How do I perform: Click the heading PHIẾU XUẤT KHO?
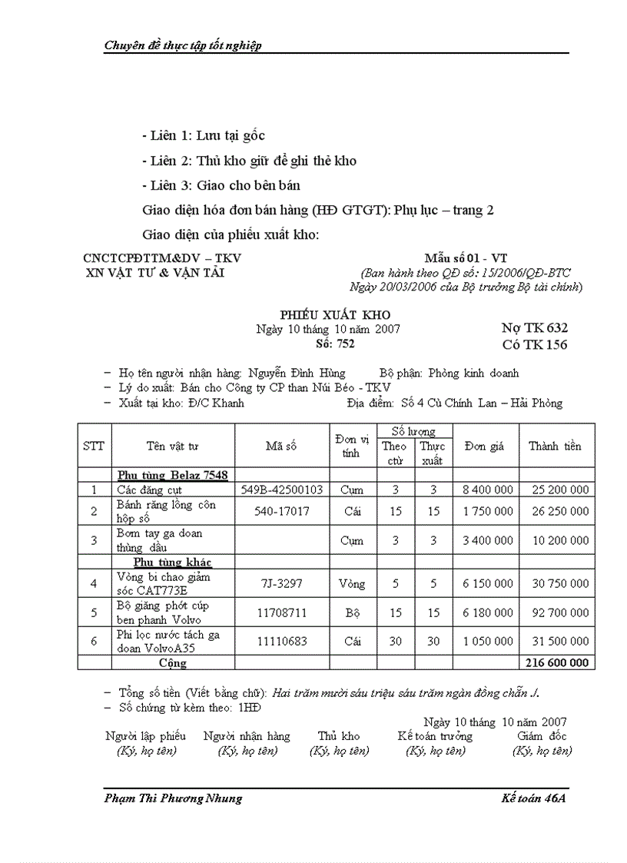click(334, 315)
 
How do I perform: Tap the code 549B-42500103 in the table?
click(282, 490)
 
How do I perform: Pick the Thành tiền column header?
click(555, 446)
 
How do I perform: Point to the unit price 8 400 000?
click(488, 490)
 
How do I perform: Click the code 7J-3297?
click(282, 583)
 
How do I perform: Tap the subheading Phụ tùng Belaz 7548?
click(172, 475)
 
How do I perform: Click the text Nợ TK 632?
click(535, 328)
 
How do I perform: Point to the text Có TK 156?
click(535, 344)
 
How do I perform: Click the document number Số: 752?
click(335, 344)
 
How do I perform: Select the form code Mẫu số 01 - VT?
click(466, 258)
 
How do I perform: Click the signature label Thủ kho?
click(339, 736)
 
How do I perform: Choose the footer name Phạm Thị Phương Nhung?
click(173, 798)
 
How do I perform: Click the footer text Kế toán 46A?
click(532, 798)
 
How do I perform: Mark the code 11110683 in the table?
click(282, 641)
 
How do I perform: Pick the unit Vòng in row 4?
click(352, 583)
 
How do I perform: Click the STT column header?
click(94, 446)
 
